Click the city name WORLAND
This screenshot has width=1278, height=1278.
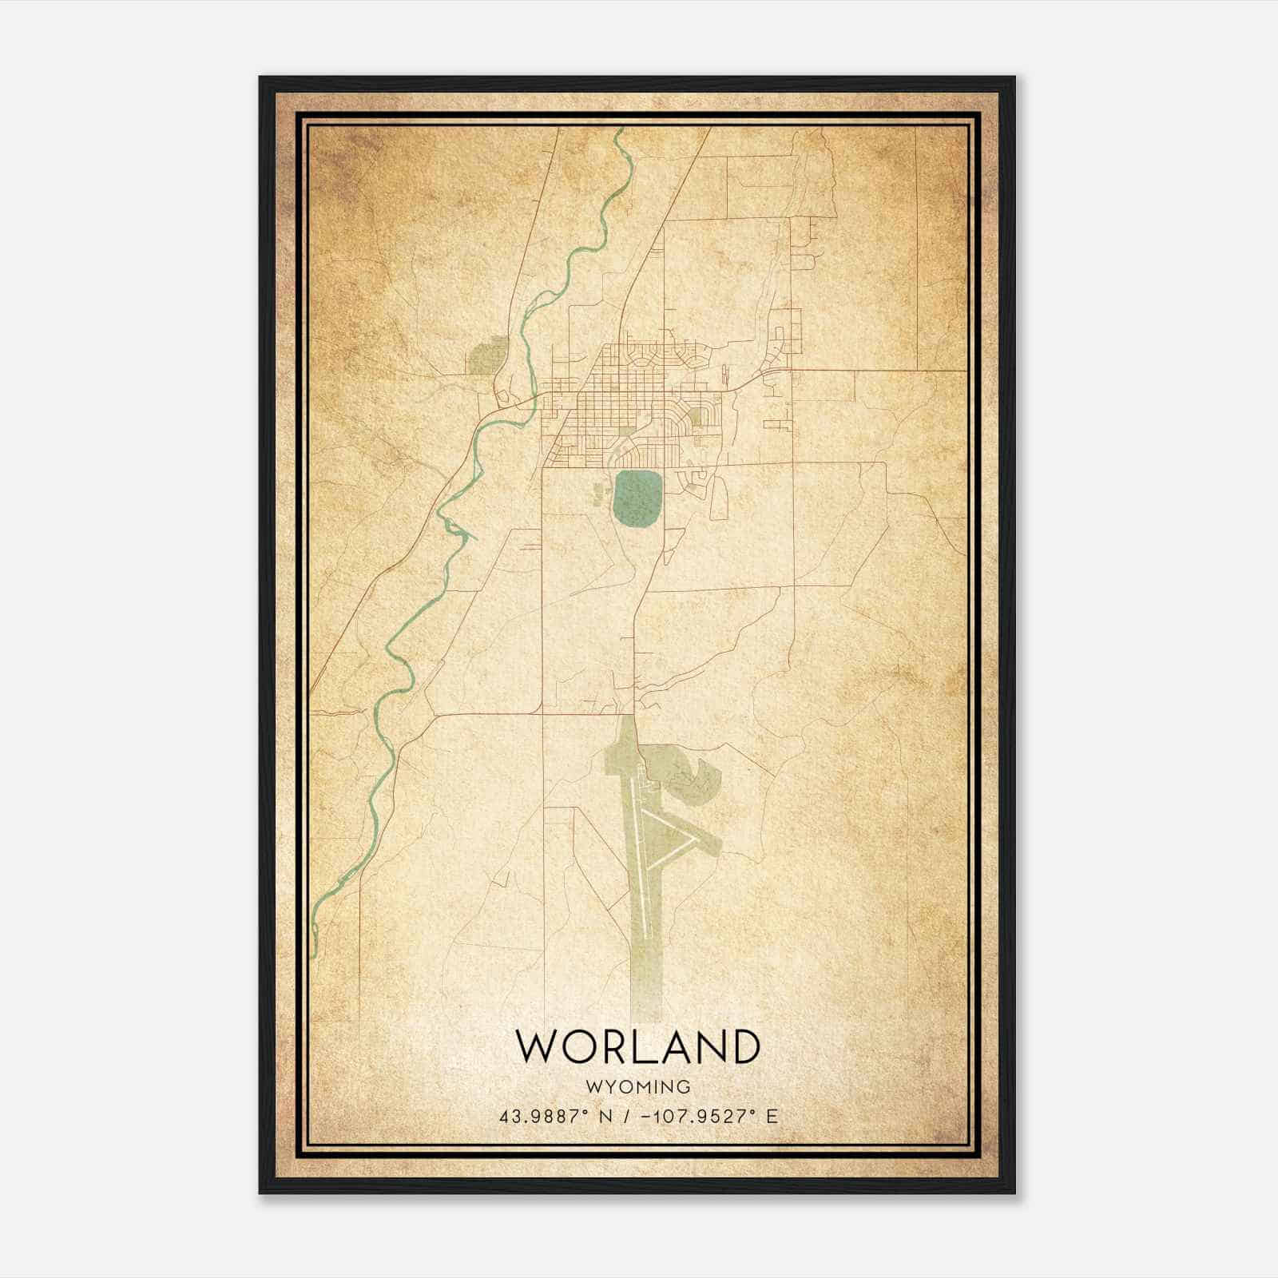pos(637,1046)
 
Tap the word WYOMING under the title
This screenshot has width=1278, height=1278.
pos(637,1087)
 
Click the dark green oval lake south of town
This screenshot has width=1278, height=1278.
pos(637,498)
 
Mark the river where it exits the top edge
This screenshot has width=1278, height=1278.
pos(619,132)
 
